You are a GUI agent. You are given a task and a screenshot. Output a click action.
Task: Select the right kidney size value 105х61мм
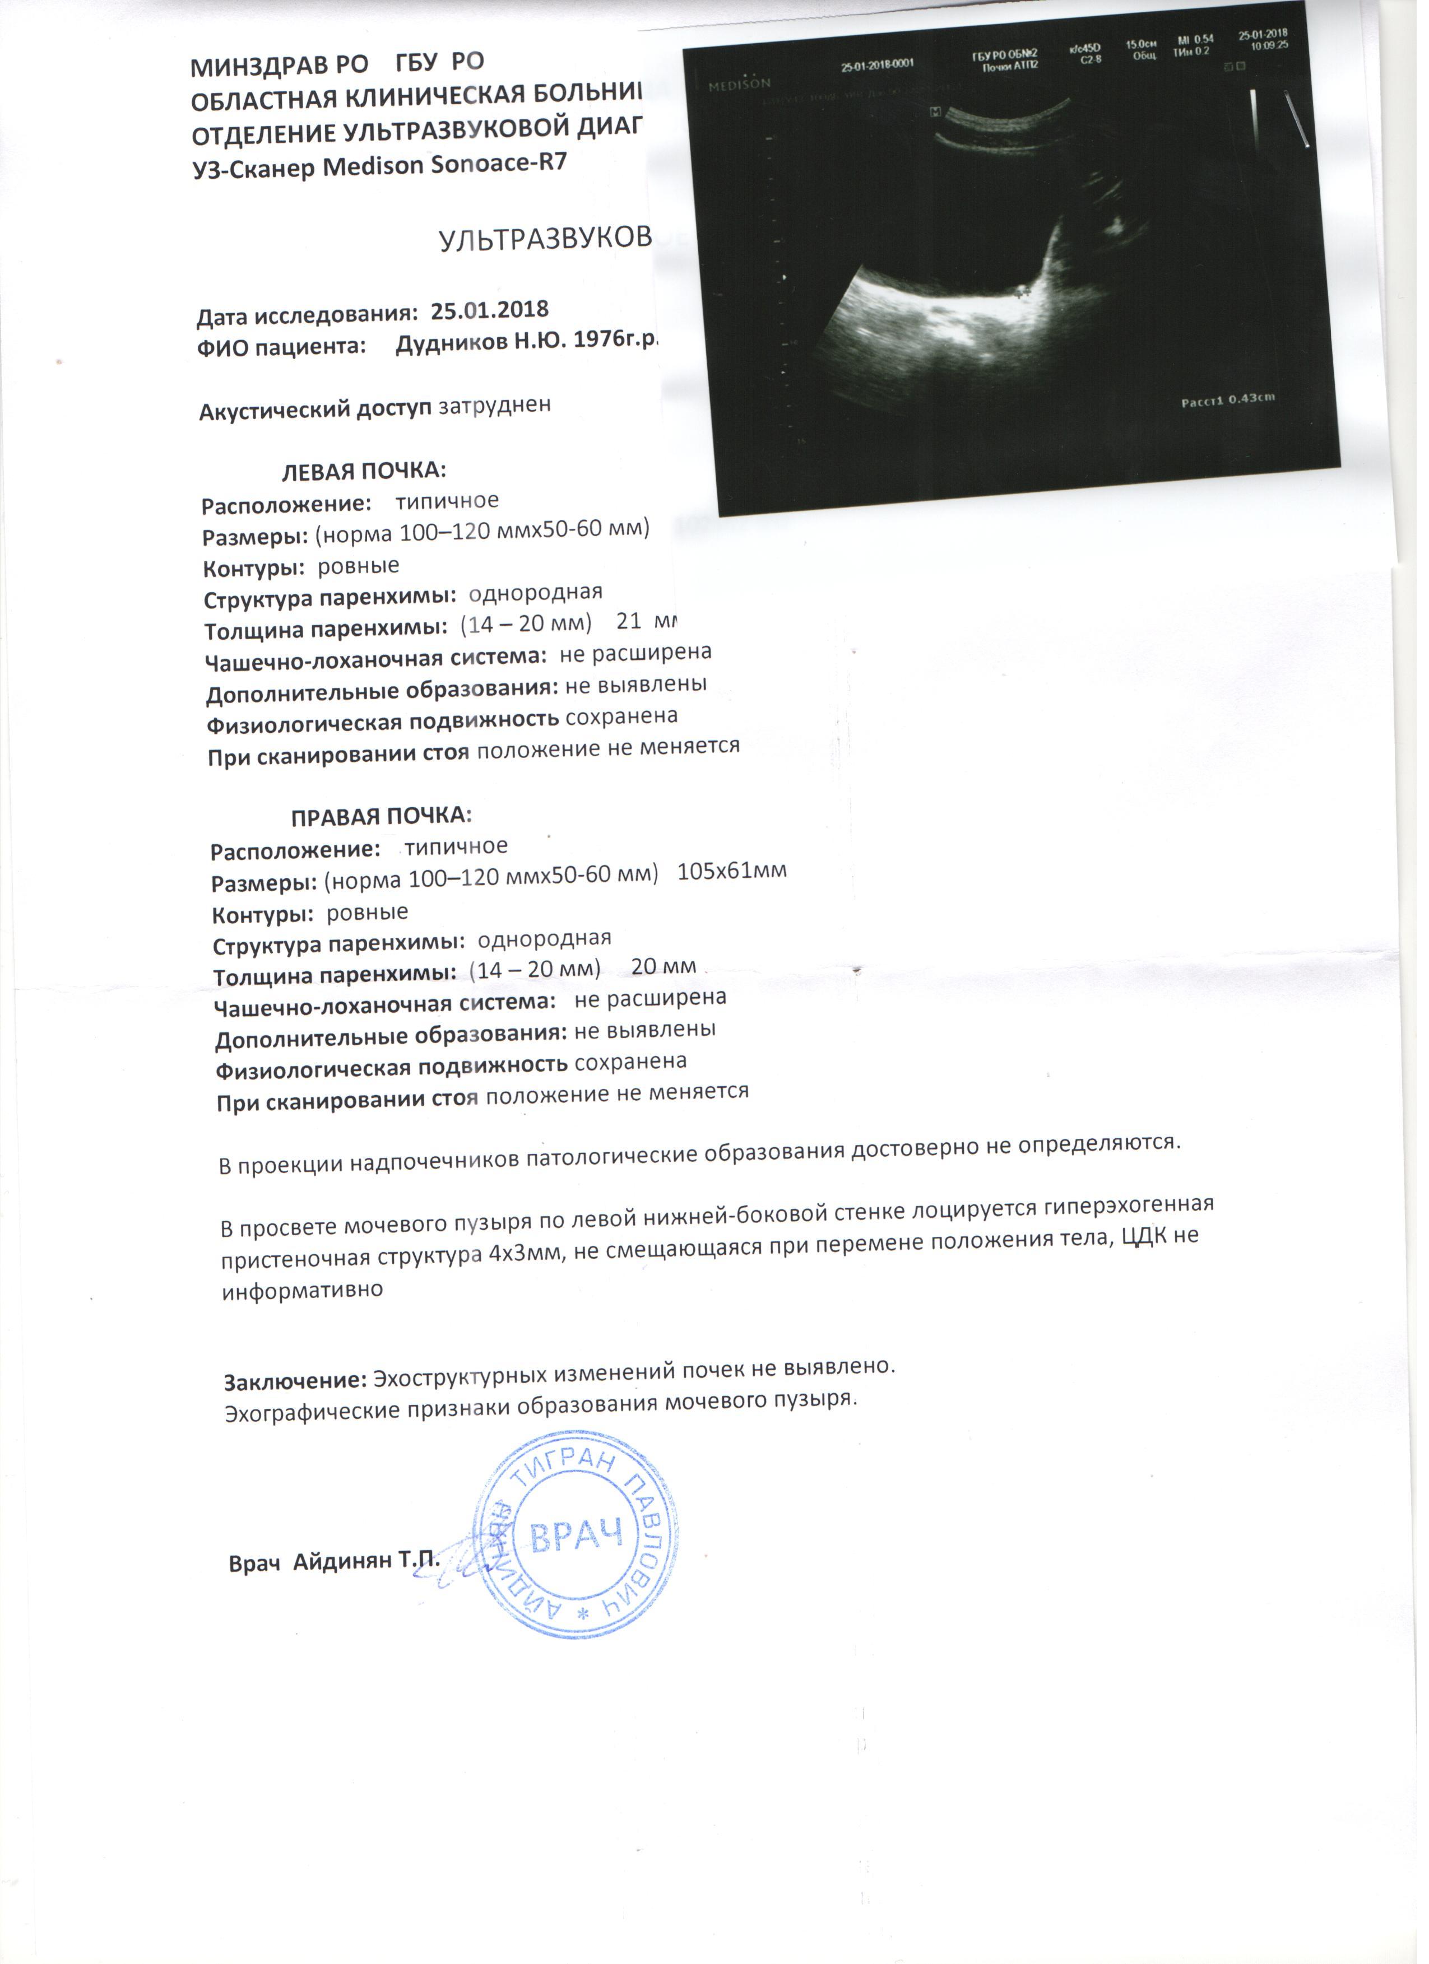tap(732, 871)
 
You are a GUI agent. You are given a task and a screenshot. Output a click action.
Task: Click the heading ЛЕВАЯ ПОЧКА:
tap(364, 471)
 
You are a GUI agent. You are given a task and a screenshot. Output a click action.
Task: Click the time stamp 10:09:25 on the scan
tap(1269, 45)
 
